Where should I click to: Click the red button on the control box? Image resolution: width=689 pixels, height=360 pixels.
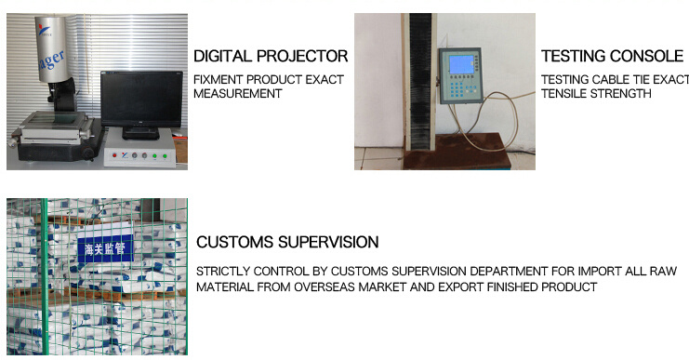click(x=114, y=155)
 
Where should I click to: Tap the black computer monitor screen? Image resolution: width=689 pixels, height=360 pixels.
click(x=141, y=99)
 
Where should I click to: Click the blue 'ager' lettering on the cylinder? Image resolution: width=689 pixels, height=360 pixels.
click(x=52, y=60)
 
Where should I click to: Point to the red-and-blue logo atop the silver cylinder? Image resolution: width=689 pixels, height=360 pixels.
click(x=45, y=30)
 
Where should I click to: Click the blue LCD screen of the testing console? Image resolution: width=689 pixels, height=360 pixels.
click(x=461, y=64)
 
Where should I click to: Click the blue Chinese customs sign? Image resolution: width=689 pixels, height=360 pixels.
click(x=105, y=248)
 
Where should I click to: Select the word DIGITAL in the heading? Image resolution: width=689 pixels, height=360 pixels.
click(x=223, y=56)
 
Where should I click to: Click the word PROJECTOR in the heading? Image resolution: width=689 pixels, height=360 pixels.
click(x=302, y=56)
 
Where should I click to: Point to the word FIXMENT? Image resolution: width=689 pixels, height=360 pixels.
click(x=218, y=80)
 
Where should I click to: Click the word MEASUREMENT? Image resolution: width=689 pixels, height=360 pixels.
click(x=237, y=94)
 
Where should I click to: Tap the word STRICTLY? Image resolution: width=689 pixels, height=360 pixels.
click(x=222, y=272)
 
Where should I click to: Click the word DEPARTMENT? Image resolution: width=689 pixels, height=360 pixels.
click(x=509, y=272)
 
